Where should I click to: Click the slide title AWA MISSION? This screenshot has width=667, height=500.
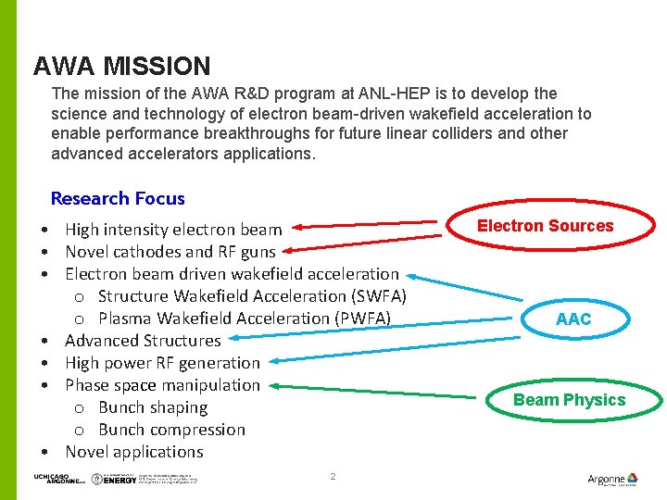pyautogui.click(x=121, y=67)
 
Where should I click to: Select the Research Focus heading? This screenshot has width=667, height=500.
pyautogui.click(x=118, y=198)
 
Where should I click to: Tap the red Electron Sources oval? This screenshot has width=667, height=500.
pyautogui.click(x=545, y=226)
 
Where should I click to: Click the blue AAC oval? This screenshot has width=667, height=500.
pyautogui.click(x=573, y=319)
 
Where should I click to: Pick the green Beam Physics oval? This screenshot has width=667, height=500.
pyautogui.click(x=569, y=400)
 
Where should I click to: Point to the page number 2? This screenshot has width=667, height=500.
pyautogui.click(x=333, y=476)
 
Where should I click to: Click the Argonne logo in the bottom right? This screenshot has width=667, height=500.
pyautogui.click(x=612, y=479)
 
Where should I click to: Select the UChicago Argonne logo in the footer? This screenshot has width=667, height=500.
pyautogui.click(x=54, y=479)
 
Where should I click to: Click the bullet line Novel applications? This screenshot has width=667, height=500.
pyautogui.click(x=133, y=452)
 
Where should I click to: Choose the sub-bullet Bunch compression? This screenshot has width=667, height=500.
pyautogui.click(x=171, y=430)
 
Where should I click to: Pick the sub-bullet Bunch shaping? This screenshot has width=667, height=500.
pyautogui.click(x=153, y=407)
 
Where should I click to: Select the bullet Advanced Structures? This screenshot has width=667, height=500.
pyautogui.click(x=143, y=341)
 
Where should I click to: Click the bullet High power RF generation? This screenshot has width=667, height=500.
pyautogui.click(x=162, y=363)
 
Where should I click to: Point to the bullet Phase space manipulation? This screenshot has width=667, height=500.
pyautogui.click(x=162, y=385)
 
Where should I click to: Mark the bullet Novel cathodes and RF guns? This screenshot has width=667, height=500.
pyautogui.click(x=170, y=252)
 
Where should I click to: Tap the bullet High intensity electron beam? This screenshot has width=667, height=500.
pyautogui.click(x=173, y=230)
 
